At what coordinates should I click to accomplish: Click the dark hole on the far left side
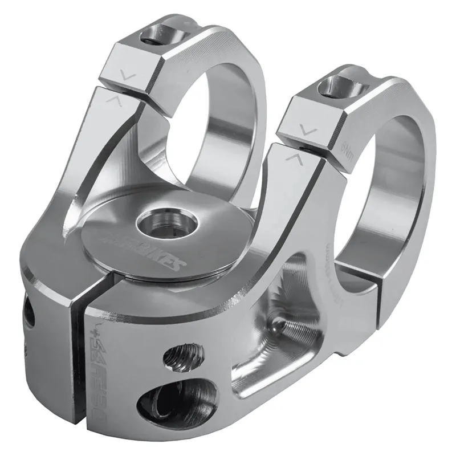(x=27, y=316)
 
